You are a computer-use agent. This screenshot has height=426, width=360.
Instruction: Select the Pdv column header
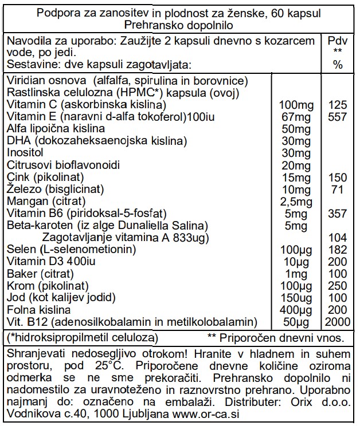(x=338, y=41)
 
